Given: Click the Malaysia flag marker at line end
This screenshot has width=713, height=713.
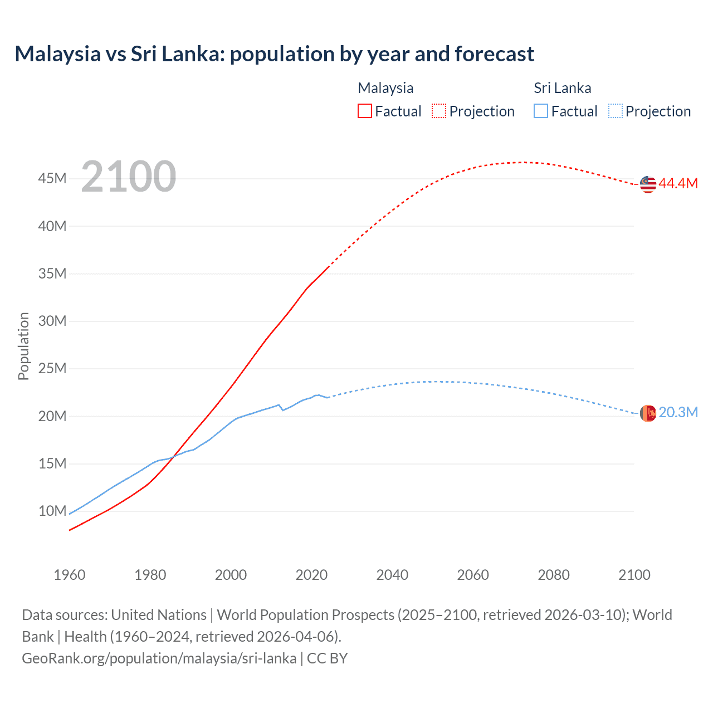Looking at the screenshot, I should click(x=648, y=184).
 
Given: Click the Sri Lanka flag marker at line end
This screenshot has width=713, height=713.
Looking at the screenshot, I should click(x=648, y=413).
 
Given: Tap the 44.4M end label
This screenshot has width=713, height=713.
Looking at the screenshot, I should click(x=678, y=184).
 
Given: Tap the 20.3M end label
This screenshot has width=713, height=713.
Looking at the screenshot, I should click(x=678, y=413).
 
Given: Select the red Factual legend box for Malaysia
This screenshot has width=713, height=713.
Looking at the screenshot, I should click(x=364, y=111).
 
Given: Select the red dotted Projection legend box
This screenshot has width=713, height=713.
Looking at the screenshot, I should click(x=439, y=111).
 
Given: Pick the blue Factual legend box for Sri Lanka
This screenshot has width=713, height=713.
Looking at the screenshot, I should click(x=540, y=111).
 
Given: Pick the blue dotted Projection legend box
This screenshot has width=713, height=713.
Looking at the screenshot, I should click(x=616, y=111).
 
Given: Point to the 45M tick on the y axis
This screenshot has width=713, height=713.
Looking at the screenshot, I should click(x=52, y=179).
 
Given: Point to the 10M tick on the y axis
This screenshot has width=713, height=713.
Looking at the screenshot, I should click(x=52, y=511).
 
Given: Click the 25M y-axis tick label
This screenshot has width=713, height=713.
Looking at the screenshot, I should click(x=52, y=369).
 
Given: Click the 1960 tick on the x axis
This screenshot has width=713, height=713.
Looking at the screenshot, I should click(x=70, y=575).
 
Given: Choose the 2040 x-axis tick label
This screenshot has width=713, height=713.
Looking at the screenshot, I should click(x=392, y=575).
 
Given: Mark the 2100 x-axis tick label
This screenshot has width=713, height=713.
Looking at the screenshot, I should click(x=634, y=575).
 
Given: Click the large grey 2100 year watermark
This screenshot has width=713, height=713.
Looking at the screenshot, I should click(x=129, y=177).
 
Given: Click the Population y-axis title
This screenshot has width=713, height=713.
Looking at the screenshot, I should click(x=23, y=346).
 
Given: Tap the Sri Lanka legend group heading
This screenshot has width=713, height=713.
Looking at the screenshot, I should click(x=562, y=88).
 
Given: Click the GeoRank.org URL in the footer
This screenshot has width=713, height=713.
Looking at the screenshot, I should click(x=159, y=658).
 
